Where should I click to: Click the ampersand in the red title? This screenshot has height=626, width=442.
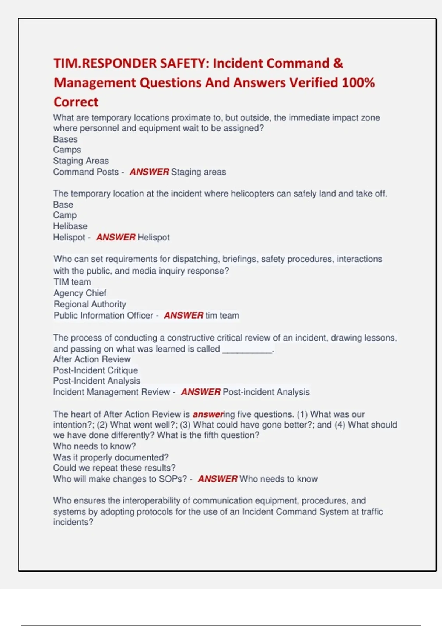coord(338,63)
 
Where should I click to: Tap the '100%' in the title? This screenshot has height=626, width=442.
coord(358,82)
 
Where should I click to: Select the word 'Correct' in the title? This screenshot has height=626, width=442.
coord(76,102)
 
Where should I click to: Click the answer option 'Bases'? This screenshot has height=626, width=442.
coord(65,139)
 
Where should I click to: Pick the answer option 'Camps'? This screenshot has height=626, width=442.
coord(67,150)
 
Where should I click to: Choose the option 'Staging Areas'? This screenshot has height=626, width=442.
coord(81,161)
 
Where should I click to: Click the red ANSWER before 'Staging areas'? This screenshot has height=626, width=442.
coord(149,172)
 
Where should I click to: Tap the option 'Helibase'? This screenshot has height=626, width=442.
coord(70,226)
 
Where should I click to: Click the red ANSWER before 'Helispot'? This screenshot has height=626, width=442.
coord(116,238)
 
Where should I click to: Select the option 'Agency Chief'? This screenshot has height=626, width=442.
coord(80,293)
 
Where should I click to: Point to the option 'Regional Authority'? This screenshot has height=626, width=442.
coord(90,304)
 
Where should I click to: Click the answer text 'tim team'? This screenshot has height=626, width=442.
coord(222,316)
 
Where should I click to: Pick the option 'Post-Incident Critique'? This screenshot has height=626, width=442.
coord(95,370)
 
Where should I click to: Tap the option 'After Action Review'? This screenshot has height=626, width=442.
coord(92,359)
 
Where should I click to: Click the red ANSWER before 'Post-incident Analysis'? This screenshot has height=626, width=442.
coord(201,392)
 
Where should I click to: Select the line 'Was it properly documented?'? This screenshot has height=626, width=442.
coord(111,457)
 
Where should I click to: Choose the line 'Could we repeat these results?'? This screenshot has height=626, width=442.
coord(114,468)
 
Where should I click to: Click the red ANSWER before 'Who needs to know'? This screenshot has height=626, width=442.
coord(218,479)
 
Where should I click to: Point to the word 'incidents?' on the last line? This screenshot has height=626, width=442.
coord(73,522)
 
